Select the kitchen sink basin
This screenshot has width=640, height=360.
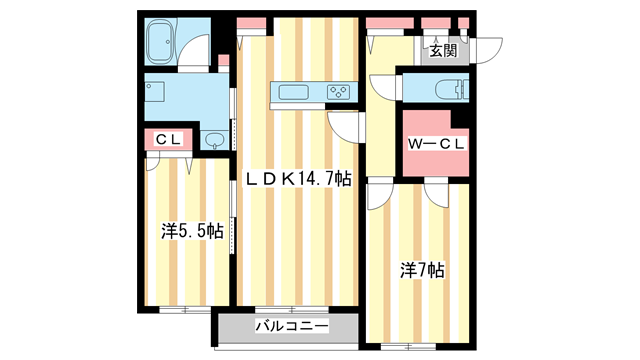295,93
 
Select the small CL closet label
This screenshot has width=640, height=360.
167,140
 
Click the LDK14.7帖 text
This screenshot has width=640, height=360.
299,179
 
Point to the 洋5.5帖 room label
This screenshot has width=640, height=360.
192,231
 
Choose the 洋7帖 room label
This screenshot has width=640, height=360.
423,270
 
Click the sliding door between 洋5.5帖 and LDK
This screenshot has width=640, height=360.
234,230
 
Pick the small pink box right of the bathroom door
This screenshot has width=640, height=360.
222,60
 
